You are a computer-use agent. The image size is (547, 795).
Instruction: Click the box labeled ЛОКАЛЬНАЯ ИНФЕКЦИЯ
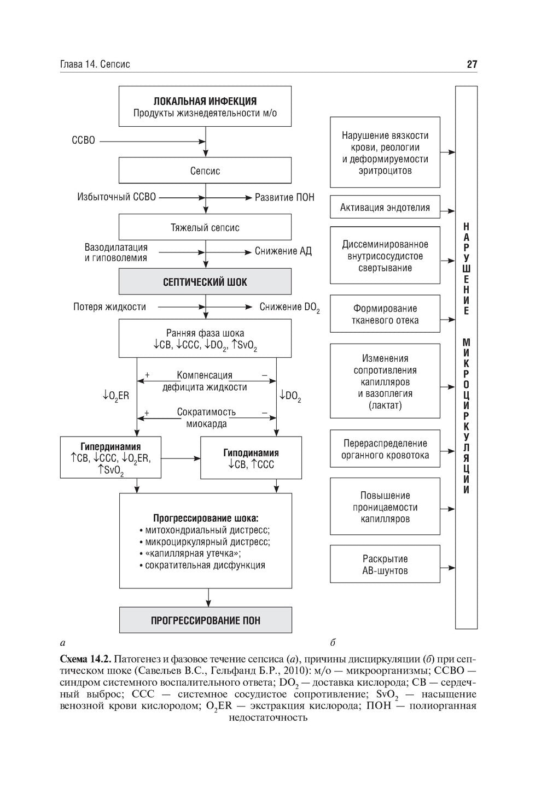tap(205, 106)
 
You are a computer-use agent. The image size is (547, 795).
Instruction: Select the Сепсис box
tap(205, 170)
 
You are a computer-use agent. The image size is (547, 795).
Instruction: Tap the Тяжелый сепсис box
tap(205, 227)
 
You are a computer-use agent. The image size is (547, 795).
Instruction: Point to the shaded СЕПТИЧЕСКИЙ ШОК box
tap(205, 281)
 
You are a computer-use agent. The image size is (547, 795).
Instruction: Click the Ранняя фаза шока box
tap(205, 338)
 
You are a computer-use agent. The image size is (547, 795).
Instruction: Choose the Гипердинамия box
tap(110, 457)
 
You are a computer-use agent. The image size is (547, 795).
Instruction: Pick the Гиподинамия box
tap(251, 458)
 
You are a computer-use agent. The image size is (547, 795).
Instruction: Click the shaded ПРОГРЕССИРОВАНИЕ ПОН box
tap(205, 620)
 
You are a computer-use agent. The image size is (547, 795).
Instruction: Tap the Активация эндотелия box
tap(385, 207)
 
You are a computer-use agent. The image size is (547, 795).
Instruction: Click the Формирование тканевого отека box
tap(385, 314)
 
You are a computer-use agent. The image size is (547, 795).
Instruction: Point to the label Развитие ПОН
tap(284, 197)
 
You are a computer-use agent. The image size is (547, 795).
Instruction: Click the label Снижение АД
tap(283, 251)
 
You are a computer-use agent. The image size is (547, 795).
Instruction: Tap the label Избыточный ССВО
tap(117, 197)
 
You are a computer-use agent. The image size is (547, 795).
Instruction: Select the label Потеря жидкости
tap(109, 307)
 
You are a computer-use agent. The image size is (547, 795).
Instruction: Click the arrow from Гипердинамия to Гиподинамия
tap(181, 458)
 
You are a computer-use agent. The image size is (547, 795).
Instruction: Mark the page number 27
tap(472, 64)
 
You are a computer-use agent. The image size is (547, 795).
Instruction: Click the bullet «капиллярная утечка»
tap(190, 553)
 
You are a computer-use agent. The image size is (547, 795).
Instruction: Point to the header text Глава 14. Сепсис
tap(95, 64)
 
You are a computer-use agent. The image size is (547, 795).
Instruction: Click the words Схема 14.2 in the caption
tap(85, 659)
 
